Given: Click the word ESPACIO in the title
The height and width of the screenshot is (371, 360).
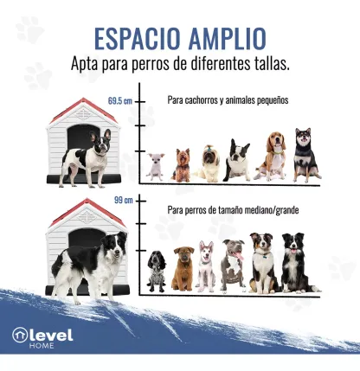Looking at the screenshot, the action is (138, 39).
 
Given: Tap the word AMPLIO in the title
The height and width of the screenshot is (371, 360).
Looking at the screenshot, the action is (227, 39).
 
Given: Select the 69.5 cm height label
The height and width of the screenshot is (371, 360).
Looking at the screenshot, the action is (120, 101).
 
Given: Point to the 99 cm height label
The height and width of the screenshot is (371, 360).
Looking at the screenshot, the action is (124, 200).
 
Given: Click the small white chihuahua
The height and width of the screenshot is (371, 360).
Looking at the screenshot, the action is (156, 167).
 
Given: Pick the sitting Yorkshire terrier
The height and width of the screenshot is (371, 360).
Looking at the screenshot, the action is (182, 165).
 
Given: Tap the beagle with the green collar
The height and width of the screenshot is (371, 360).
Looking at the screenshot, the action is (272, 156).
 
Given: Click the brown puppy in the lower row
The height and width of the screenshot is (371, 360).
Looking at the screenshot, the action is (183, 268).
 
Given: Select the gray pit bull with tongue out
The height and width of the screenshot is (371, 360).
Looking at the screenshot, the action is (233, 265).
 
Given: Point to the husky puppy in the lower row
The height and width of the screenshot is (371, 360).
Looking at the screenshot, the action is (206, 266).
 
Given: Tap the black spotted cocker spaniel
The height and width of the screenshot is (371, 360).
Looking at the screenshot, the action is (157, 271).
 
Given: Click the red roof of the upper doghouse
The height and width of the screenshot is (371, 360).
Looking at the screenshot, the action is (84, 111).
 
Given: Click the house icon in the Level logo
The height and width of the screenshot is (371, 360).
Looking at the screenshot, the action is (20, 336).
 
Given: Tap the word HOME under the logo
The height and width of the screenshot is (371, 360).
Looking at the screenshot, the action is (42, 345).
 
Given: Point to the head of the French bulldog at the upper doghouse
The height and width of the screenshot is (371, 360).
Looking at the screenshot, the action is (100, 141).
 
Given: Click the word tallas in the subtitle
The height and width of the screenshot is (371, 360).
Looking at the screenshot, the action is (272, 64).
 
